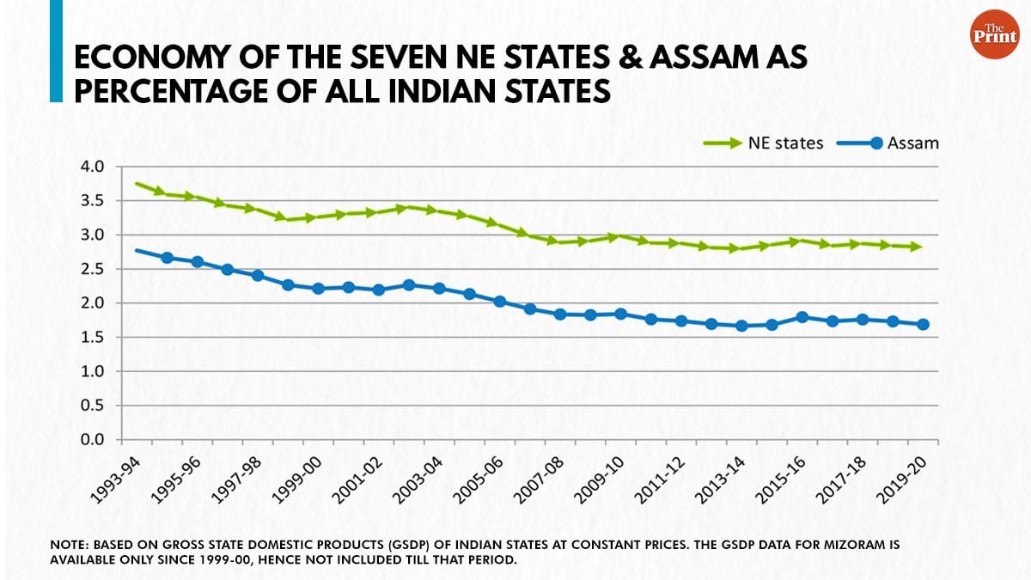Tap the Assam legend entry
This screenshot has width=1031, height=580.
tap(894, 143)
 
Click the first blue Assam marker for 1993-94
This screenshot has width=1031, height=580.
tap(137, 251)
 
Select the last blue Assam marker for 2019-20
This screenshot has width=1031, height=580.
tap(924, 325)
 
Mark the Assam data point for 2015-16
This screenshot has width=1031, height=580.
tap(802, 317)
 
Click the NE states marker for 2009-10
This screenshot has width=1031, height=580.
tap(612, 236)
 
